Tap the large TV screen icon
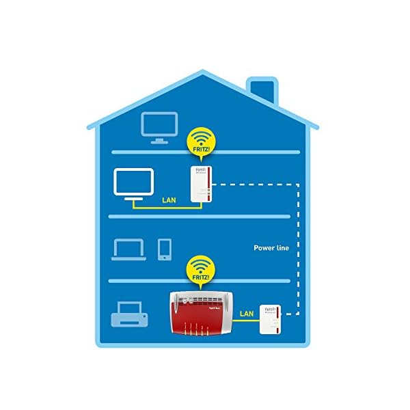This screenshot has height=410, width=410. [x=134, y=182]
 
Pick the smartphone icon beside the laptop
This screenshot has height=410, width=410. [x=165, y=249]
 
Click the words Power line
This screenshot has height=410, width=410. [x=272, y=248]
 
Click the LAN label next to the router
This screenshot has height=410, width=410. [x=246, y=314]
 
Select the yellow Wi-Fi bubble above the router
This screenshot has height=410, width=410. [x=200, y=272]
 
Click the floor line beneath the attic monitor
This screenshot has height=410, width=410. [x=205, y=152]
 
